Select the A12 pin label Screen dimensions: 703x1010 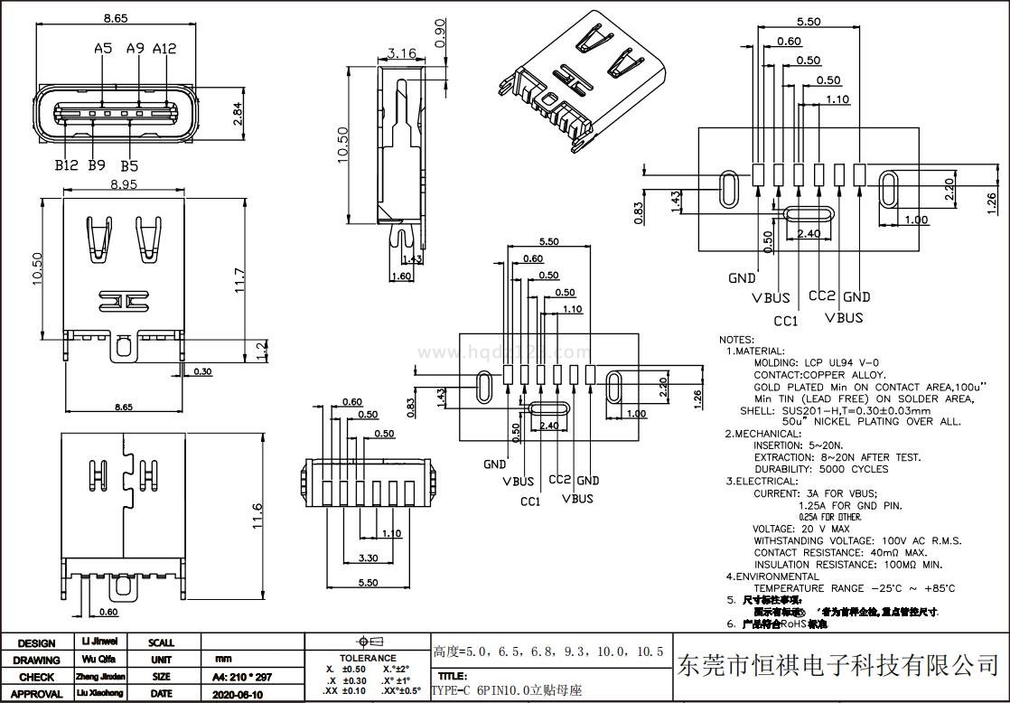coord(164,48)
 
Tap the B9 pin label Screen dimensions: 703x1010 coord(97,165)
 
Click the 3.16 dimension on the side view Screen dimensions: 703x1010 coord(400,53)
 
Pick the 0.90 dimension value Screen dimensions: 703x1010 coord(441,33)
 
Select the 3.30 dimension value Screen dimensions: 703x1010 coord(368,558)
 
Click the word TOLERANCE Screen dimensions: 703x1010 coord(368,658)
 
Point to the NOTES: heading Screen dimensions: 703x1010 coord(736,340)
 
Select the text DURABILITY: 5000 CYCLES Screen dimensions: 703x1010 coord(820,469)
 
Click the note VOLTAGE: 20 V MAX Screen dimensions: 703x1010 coord(800,529)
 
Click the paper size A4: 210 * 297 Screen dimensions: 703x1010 coord(241,677)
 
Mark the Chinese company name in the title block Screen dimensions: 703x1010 coord(837,666)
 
